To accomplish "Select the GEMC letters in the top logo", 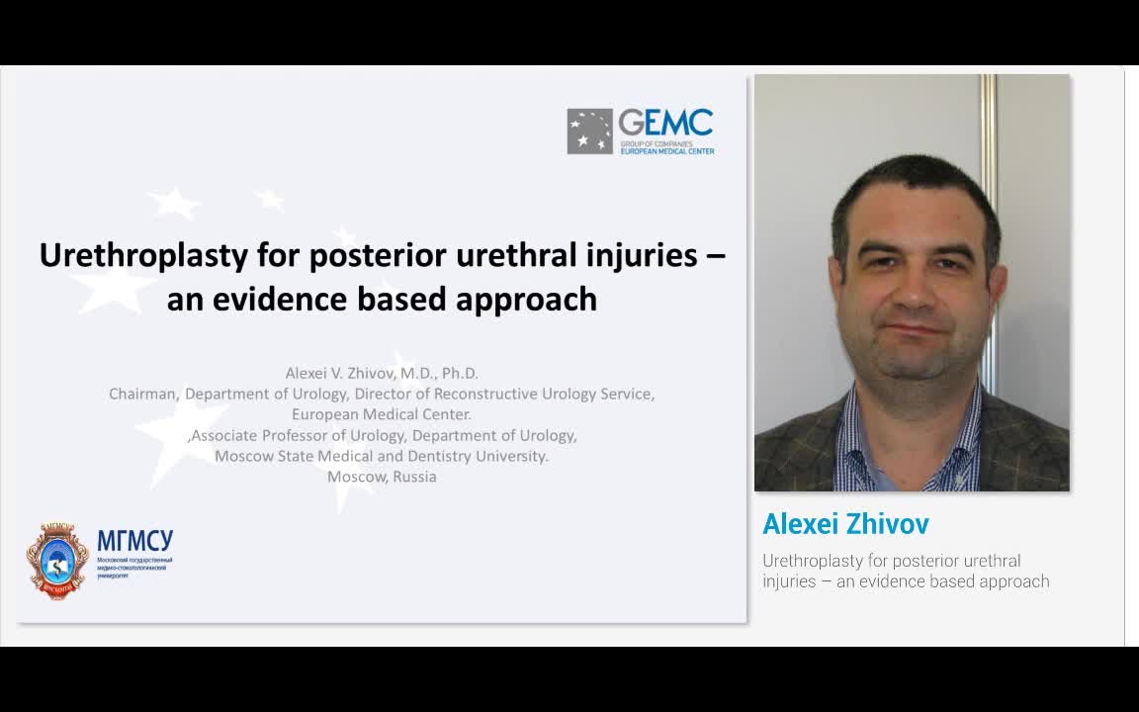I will click(x=665, y=123).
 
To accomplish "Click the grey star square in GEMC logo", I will click(x=589, y=132).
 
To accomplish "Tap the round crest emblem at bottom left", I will click(x=57, y=561).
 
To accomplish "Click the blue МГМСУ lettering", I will click(x=134, y=541).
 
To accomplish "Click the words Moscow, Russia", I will click(x=382, y=477).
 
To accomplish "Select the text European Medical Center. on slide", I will click(x=382, y=414).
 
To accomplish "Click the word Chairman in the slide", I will click(x=143, y=394).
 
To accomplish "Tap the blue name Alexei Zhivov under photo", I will click(x=845, y=524).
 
